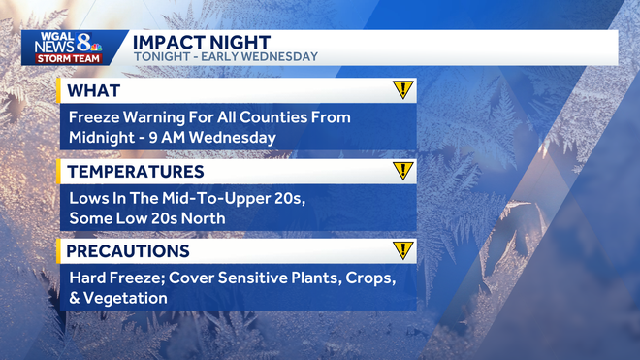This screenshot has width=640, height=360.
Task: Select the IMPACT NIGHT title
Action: (202, 41)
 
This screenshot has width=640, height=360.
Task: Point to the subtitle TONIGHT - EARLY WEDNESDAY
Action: (224, 56)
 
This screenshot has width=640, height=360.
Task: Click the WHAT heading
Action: (95, 91)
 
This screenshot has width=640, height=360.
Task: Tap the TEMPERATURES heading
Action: (136, 172)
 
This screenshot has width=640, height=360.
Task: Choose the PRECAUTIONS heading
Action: (128, 251)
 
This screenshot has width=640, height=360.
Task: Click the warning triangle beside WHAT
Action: (403, 90)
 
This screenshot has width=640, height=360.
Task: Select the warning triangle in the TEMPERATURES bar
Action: (403, 171)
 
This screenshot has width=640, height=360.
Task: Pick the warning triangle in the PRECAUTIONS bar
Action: (403, 250)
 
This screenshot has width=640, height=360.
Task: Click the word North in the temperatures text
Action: (203, 218)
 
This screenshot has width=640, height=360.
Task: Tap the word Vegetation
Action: (127, 298)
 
